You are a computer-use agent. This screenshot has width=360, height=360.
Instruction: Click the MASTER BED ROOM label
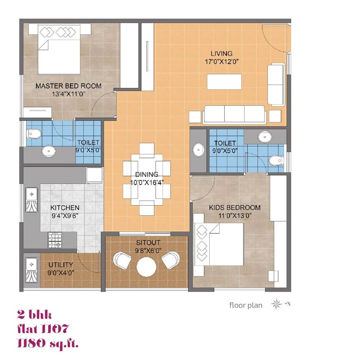(68, 86)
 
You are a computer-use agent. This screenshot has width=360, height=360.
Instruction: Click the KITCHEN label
(65, 208)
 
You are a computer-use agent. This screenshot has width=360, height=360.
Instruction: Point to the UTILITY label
(60, 265)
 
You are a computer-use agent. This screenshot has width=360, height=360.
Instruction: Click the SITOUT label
(148, 243)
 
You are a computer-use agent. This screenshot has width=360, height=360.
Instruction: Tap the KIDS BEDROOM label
(235, 207)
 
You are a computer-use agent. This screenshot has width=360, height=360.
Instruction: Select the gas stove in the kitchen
(54, 240)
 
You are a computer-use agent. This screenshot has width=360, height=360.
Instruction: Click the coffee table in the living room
(224, 81)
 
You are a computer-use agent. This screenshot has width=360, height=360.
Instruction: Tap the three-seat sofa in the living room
(235, 114)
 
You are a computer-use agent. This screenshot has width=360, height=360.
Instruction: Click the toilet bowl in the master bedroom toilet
(33, 134)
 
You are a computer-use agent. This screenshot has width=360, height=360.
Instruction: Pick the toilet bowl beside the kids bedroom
(275, 160)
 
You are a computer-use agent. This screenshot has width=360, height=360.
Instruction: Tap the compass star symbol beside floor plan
(276, 305)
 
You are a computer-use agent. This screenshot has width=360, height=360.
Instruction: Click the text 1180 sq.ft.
(48, 343)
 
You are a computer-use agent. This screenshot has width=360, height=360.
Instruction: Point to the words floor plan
(246, 305)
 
